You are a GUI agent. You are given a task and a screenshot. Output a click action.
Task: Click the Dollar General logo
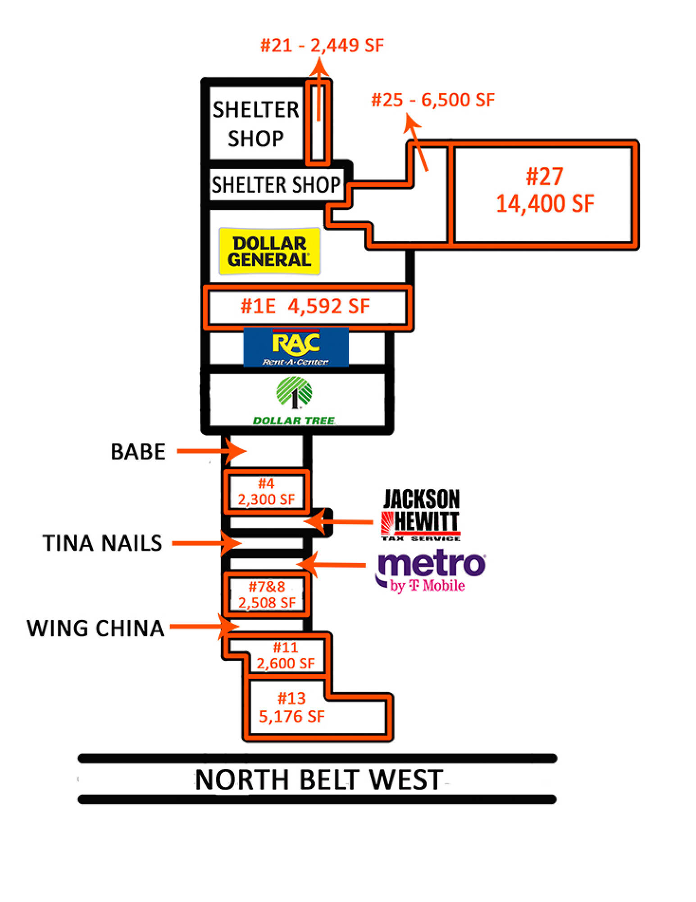coord(269,251)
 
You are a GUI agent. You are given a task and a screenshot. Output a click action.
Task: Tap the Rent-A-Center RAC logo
coord(296,347)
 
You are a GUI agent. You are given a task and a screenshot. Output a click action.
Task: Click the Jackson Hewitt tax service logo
coord(421,515)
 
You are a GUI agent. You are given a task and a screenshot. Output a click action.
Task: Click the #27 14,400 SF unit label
coord(544,190)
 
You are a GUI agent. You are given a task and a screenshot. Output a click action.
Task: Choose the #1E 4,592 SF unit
coord(305,306)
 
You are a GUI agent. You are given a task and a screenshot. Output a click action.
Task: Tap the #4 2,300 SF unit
coord(266,492)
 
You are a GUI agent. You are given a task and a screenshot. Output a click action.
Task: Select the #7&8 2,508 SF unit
coord(267,594)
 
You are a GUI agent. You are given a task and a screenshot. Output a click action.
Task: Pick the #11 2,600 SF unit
coord(286,655)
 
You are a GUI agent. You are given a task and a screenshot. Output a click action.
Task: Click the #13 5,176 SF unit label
coord(291,707)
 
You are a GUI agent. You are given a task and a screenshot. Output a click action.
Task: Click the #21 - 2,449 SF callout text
coord(322,46)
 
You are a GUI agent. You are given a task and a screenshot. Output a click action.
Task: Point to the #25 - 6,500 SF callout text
coord(432,100)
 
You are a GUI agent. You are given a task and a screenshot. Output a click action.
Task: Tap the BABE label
coord(138,451)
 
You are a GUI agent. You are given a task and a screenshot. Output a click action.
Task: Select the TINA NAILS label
coord(102,543)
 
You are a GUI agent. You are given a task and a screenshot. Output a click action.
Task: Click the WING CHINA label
coord(95,628)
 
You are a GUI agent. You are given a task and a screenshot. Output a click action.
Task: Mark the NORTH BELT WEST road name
coord(318,780)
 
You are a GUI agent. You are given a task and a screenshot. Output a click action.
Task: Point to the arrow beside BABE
coord(211,451)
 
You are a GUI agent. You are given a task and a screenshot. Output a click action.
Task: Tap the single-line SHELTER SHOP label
coord(276,184)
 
